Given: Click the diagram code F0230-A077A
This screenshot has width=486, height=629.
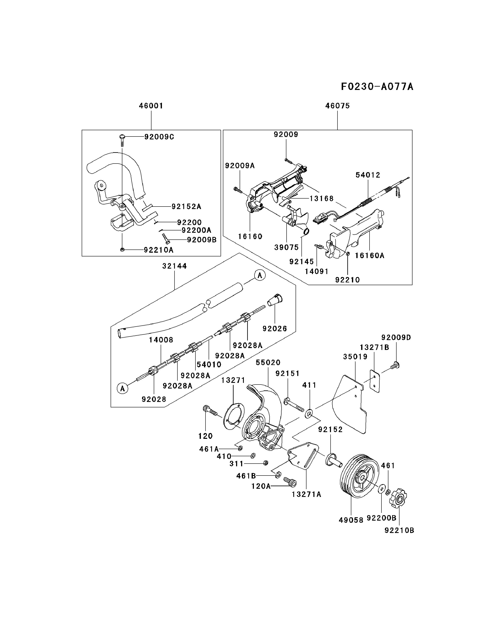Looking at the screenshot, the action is [377, 86].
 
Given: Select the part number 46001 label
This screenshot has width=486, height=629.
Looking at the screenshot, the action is [151, 106].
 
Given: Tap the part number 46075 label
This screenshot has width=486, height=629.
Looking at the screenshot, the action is [337, 106].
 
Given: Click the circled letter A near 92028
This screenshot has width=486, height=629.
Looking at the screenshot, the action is [122, 388].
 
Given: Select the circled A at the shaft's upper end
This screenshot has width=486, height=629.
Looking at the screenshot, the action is [260, 276].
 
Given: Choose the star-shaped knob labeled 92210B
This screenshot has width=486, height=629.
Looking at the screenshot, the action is [398, 498].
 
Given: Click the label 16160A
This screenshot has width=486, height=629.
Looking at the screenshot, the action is [370, 255].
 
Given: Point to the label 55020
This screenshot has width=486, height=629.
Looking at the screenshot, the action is [268, 362].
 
